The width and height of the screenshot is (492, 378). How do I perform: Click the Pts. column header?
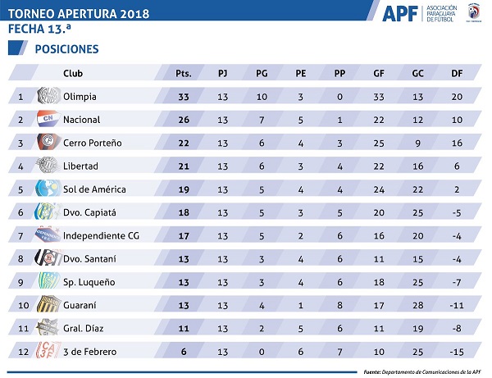point(184,73)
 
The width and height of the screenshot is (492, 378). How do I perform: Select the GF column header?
point(378,73)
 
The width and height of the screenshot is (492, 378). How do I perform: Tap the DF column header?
point(456,73)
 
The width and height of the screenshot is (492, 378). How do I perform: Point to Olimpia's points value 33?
point(184,97)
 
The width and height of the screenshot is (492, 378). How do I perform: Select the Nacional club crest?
point(44,120)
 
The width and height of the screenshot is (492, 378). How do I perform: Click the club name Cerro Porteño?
point(92,143)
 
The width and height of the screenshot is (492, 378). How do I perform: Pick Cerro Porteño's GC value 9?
point(417,143)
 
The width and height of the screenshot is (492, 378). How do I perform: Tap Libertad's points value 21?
point(184,166)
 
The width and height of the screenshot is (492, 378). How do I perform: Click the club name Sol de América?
point(94,189)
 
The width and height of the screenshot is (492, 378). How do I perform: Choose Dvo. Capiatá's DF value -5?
point(456,212)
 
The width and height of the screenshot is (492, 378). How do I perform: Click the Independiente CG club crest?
point(44,235)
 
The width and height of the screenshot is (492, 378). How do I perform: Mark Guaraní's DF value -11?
point(456,305)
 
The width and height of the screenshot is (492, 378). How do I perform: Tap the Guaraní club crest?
point(44,305)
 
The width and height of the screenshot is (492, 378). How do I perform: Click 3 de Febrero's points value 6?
point(184,352)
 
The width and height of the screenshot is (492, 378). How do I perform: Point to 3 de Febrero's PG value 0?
point(262,352)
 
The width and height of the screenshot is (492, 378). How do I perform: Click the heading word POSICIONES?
point(66,49)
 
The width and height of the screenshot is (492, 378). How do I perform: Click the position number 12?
point(20,352)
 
